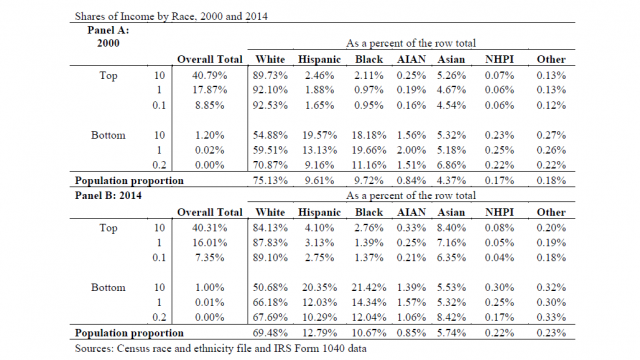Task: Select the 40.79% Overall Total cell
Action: coord(209,76)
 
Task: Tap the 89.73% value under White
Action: coord(270,76)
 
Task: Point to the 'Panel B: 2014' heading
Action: coord(108,195)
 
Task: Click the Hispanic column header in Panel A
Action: coord(319,60)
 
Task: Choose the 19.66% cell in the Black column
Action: coord(369,150)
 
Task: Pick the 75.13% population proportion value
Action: coord(270,180)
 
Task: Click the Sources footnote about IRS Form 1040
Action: coord(220,348)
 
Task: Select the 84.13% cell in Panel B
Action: coord(270,228)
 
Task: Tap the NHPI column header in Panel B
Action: coord(499,212)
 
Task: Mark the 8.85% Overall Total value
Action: coord(209,105)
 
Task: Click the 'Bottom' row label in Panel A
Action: coord(108,135)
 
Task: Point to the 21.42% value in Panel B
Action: coord(369,287)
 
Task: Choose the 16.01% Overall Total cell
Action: coord(209,242)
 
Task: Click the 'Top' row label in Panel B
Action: coord(108,228)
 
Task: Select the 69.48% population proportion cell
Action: coord(270,333)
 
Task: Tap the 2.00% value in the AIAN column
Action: coord(411,150)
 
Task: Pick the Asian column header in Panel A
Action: coord(451,60)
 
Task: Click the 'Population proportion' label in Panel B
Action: coord(129,333)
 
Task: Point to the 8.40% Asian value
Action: coord(451,228)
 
